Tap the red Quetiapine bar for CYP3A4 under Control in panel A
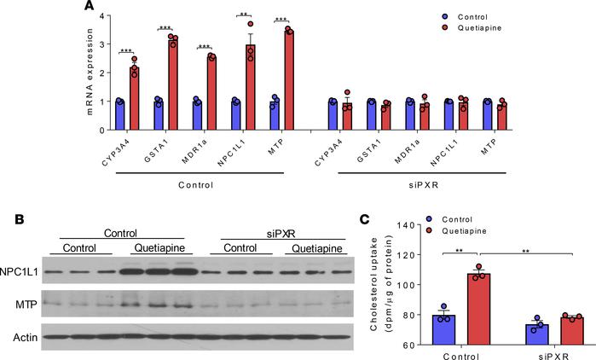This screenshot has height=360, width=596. point(134,100)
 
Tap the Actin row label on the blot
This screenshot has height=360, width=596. point(27,335)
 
